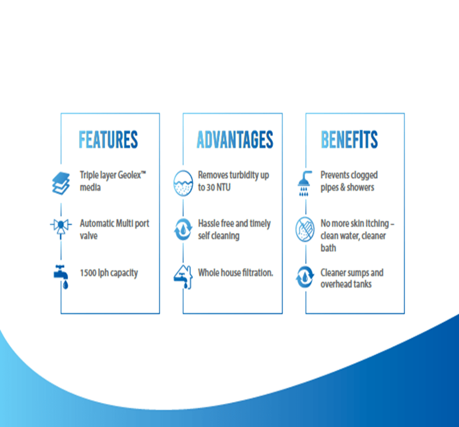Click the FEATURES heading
[108, 139]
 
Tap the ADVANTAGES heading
[235, 139]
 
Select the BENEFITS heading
[349, 139]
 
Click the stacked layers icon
[61, 183]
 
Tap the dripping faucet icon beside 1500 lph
[62, 277]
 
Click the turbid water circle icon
[183, 183]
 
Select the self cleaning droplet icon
[183, 229]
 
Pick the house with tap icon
[183, 277]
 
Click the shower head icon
[305, 183]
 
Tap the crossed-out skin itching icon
[305, 230]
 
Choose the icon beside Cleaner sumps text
[305, 277]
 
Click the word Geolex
[130, 175]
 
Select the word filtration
[258, 273]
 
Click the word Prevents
[335, 175]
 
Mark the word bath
[328, 248]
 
